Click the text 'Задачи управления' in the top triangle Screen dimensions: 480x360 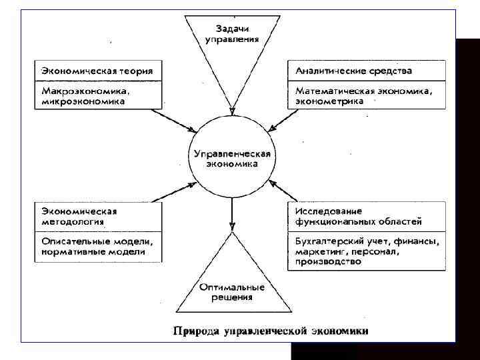(231, 34)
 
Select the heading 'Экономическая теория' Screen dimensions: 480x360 (97, 71)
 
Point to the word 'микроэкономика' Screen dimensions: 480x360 (83, 102)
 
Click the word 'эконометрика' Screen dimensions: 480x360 (325, 102)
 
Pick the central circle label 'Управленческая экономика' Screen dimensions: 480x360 (231, 159)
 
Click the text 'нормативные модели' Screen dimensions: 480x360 (93, 252)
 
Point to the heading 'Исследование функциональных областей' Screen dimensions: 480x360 (357, 216)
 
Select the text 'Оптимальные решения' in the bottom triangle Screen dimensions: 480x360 (231, 292)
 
